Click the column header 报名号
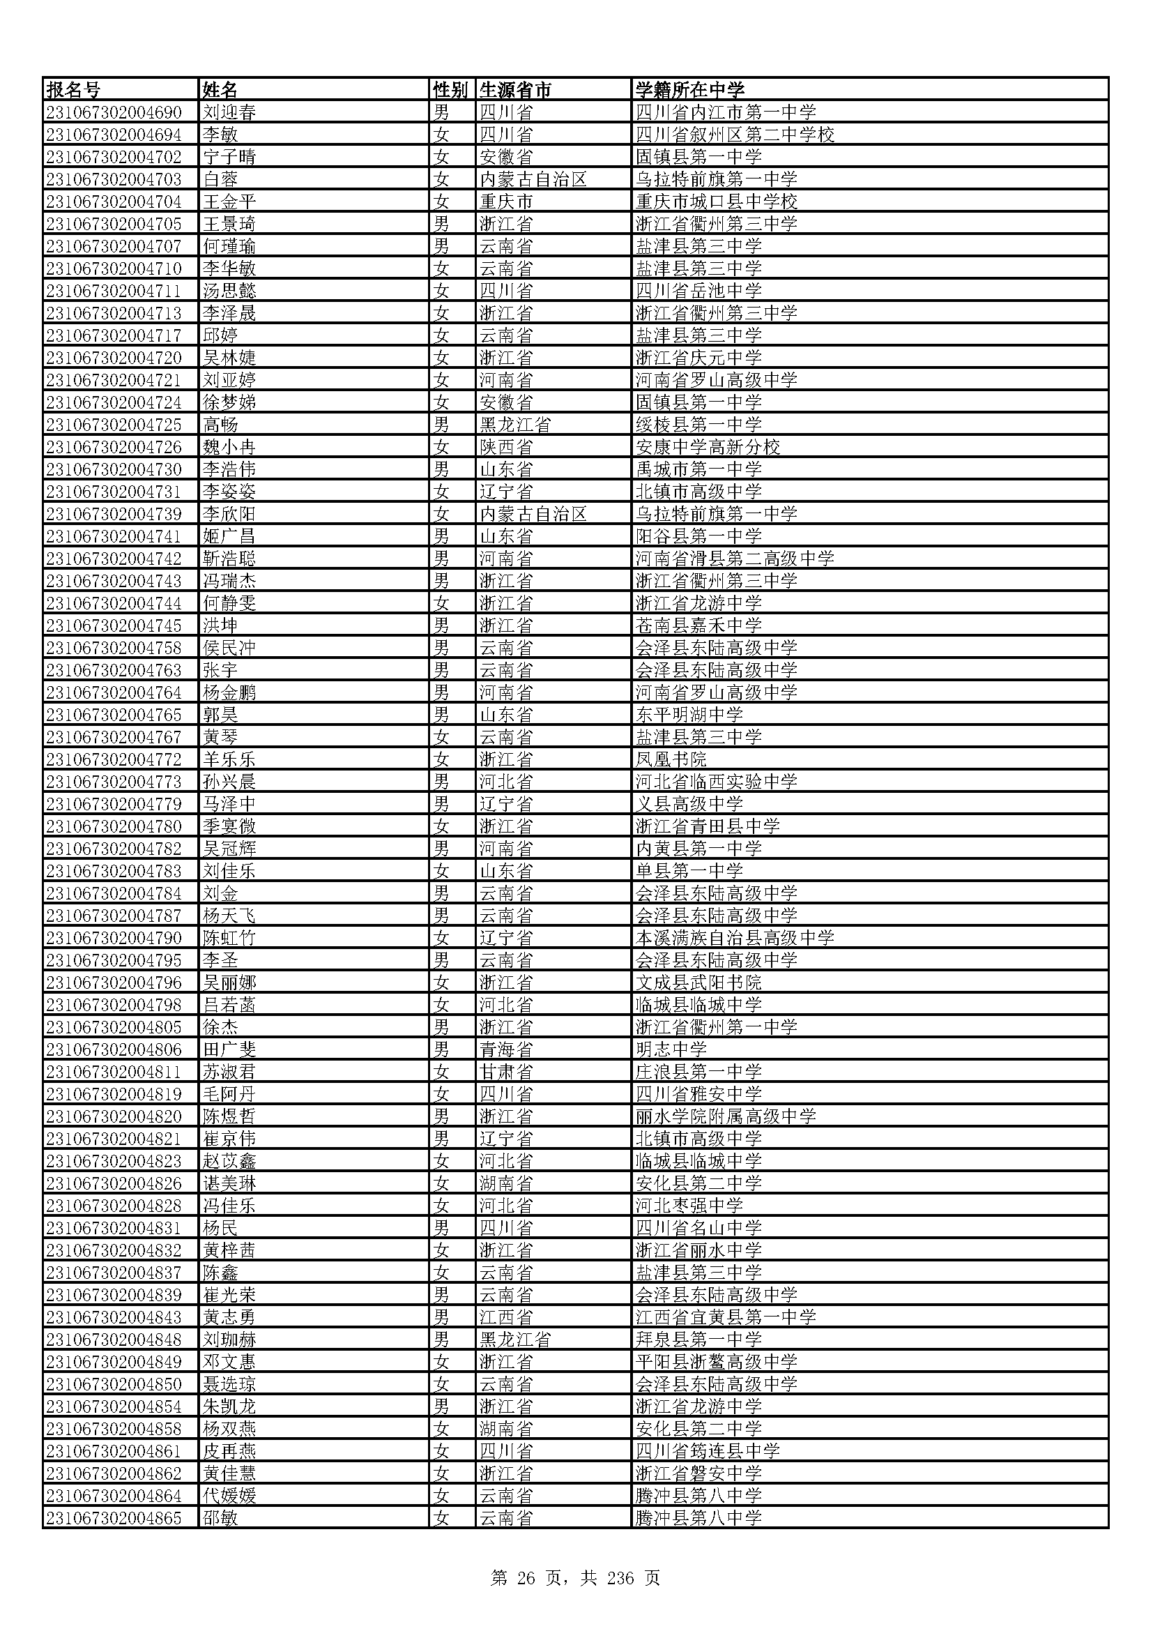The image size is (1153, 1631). tap(74, 90)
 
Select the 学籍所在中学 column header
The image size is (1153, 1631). tap(689, 90)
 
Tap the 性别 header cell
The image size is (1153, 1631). tap(450, 90)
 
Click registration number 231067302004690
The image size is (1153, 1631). tap(114, 113)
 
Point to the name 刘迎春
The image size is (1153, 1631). tap(229, 113)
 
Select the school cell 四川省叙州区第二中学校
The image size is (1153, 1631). tap(735, 135)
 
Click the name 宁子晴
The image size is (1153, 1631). tap(229, 157)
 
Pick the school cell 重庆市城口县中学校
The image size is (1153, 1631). tap(717, 202)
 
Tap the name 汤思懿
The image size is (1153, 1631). tap(229, 291)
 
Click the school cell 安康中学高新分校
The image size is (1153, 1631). tap(708, 447)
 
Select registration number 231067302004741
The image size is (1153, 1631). tap(114, 536)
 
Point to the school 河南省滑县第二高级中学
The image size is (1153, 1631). tap(735, 559)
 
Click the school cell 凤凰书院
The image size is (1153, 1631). tap(671, 759)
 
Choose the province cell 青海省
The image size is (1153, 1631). tap(505, 1049)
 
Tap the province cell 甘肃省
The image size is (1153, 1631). tap(505, 1072)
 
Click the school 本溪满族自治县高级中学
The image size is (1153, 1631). tap(735, 938)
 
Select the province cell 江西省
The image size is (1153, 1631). tap(505, 1317)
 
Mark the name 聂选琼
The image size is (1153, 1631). tap(229, 1383)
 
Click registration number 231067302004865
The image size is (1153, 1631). tap(114, 1518)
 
